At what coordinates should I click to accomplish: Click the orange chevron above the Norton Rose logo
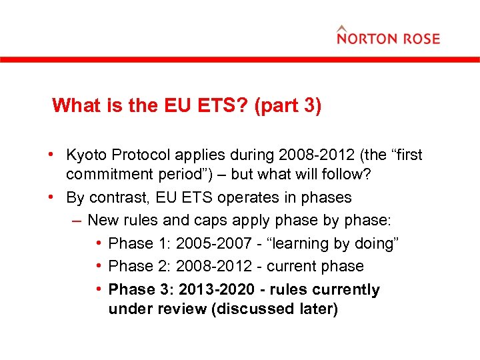342,28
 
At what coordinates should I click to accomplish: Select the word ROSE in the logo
420,39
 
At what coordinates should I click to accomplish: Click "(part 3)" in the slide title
287,105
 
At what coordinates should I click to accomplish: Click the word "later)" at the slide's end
315,309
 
